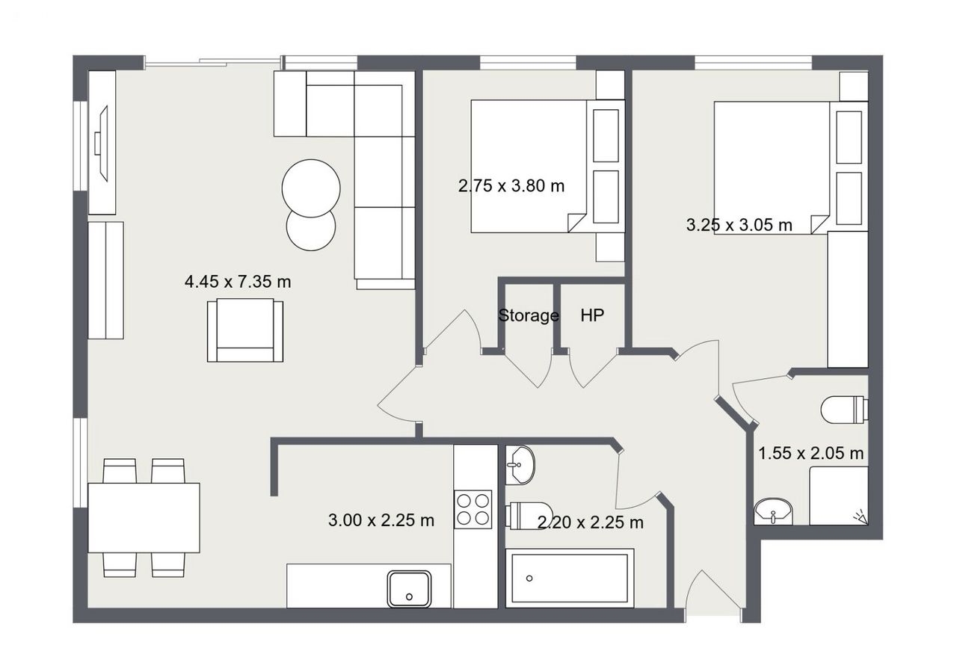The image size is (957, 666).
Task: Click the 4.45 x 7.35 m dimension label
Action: click(x=238, y=282)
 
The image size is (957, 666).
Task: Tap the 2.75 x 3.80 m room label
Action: click(x=511, y=186)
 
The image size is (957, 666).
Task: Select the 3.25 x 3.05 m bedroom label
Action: click(x=739, y=225)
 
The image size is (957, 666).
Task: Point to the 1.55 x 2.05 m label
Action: click(x=811, y=453)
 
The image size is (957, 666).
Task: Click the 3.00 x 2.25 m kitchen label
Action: click(x=381, y=520)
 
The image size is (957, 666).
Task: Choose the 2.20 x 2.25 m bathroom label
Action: click(x=591, y=522)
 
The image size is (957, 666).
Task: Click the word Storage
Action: click(x=529, y=315)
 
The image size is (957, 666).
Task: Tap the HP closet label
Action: click(x=592, y=315)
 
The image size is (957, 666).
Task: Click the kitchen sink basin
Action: click(x=409, y=589)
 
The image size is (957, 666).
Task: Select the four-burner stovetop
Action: click(x=473, y=509)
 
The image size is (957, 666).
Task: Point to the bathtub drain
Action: click(x=529, y=579)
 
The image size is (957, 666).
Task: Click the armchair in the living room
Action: click(x=245, y=330)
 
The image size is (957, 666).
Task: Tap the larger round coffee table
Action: click(x=311, y=188)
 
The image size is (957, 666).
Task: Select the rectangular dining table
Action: click(x=144, y=518)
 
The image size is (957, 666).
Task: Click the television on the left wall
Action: click(x=101, y=143)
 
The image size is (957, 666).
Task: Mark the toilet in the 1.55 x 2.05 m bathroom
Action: click(x=845, y=410)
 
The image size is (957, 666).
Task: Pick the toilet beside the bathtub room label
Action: click(x=529, y=516)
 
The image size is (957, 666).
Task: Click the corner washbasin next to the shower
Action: click(x=773, y=511)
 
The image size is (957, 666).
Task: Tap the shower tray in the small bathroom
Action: click(x=839, y=496)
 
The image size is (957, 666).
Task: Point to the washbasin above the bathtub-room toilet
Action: click(x=520, y=465)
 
